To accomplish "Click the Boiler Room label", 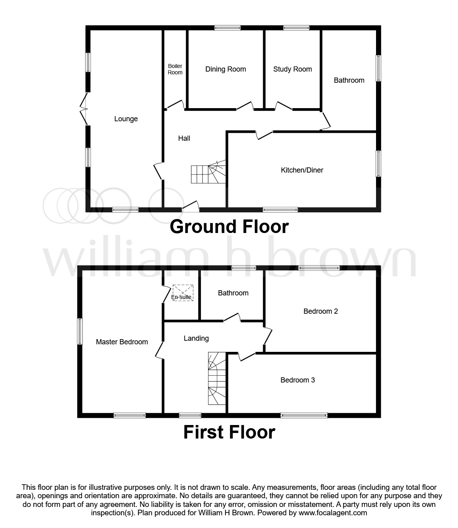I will pos(175,69).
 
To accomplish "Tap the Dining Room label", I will pos(226,69).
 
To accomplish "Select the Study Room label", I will pos(292,69).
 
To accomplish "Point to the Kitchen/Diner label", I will pos(302,170).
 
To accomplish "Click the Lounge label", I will pos(126,119).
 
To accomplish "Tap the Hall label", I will pos(184,138).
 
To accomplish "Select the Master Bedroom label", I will pos(122,342).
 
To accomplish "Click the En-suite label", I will pos(181,297).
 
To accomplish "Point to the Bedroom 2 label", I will pos(320,311).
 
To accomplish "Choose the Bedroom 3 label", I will pos(298,380).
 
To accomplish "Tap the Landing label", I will pos(196,338).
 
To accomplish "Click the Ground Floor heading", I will pos(229,227).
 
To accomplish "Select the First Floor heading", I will pos(229,432).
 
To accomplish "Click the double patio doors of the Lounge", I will pos(84,109).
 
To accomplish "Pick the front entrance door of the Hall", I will pos(191,206).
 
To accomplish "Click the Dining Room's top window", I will pos(227,28).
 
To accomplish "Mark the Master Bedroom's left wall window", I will pos(80,331).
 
